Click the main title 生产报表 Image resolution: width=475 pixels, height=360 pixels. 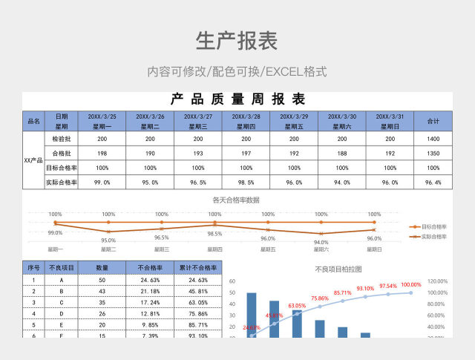pos(237,42)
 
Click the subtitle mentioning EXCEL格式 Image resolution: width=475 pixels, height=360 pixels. pos(237,72)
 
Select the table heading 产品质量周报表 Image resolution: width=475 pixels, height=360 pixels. pos(237,99)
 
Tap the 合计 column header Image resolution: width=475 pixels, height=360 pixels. pos(433,121)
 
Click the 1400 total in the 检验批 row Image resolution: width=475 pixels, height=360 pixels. pos(433,139)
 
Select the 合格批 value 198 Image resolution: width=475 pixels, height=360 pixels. pos(102,153)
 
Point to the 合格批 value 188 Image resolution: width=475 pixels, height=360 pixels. pos(342,153)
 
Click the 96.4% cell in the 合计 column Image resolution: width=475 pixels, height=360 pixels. pos(433,182)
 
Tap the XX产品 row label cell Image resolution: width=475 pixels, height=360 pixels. pos(33,160)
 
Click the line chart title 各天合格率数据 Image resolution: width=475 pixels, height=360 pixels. pos(236,200)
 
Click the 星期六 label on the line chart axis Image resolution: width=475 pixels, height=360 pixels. pos(321,250)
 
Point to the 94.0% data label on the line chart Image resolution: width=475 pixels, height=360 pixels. pos(321,242)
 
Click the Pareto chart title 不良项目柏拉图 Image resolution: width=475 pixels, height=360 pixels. pos(338,269)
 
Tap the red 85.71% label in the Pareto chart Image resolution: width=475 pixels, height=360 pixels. pos(342,293)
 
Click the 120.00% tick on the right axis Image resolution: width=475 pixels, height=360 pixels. pos(438,281)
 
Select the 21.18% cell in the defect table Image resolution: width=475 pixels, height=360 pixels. pos(150,291)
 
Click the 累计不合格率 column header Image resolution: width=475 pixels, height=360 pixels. pos(198,267)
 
